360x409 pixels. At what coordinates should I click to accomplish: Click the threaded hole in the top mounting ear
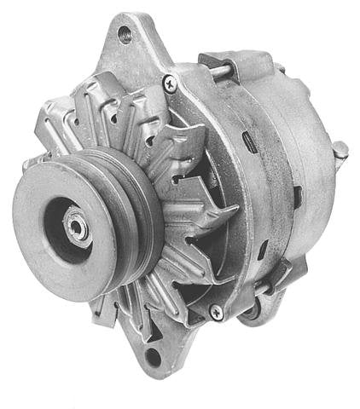(125, 34)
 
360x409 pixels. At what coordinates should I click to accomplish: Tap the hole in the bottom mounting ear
(154, 355)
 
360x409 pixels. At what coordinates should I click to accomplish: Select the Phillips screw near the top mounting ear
(170, 84)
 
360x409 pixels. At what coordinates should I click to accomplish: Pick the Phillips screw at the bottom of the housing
(216, 313)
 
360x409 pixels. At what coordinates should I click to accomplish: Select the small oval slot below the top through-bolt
(247, 139)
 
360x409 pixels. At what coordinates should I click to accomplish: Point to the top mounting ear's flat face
(136, 55)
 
